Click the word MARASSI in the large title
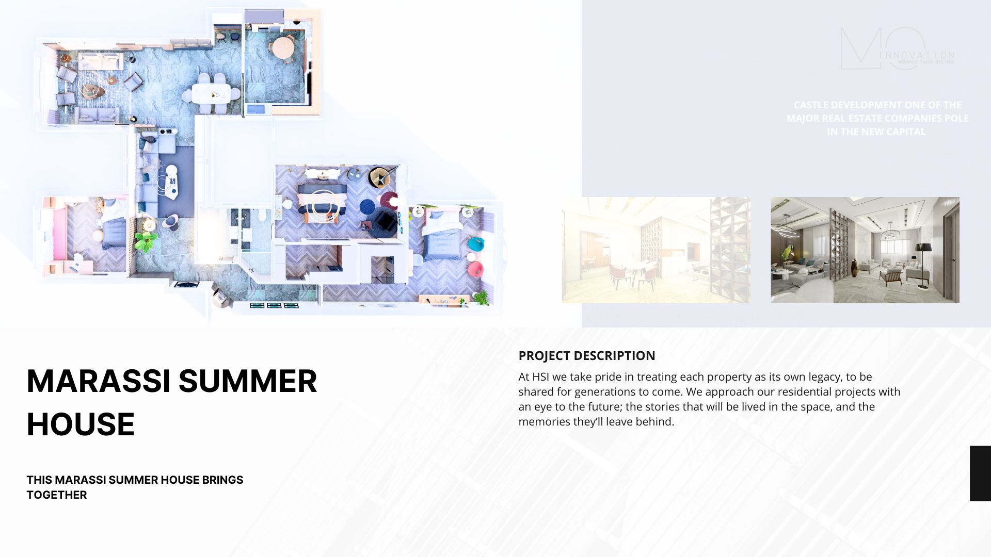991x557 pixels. point(98,382)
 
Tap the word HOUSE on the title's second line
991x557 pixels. point(81,425)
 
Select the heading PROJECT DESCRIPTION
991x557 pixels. point(586,356)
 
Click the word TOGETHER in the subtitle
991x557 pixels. point(57,495)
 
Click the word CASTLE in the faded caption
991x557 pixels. point(810,105)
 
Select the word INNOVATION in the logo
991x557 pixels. point(920,56)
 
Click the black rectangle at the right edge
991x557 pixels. point(980,473)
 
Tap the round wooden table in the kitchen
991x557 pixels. point(283,48)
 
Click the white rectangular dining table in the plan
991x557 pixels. point(211,93)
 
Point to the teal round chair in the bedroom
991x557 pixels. point(475,243)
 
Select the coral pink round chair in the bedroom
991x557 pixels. point(475,269)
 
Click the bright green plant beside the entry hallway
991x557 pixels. point(146,240)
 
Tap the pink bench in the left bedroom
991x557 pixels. point(59,235)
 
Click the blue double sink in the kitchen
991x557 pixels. point(255,109)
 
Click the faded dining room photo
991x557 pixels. point(656,250)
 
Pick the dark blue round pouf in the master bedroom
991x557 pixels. point(367,206)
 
